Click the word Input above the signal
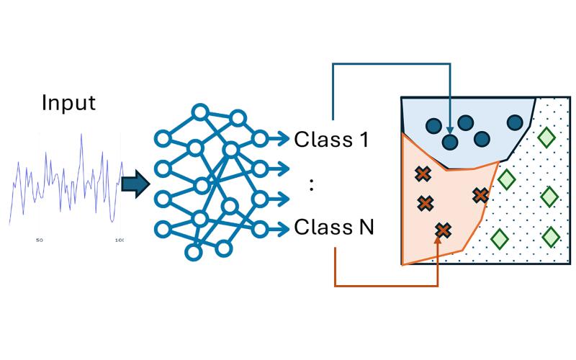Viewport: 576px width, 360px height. coord(68,102)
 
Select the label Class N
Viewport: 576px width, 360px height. coord(334,228)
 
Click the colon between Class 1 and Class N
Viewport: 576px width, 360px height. coord(311,184)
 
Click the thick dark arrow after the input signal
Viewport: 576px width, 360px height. coord(135,185)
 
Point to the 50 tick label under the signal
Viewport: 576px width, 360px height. coord(40,240)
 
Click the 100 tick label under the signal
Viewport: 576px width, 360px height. coord(119,240)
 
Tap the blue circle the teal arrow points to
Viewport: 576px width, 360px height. coord(450,142)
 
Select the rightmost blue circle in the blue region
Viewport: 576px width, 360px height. coord(515,122)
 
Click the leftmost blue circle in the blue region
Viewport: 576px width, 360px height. coord(433,126)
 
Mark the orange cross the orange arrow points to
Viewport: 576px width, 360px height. coord(444,230)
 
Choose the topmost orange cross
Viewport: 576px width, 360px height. coord(423,174)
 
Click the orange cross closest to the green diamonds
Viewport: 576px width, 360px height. coord(480,194)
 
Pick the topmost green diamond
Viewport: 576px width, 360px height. coord(545,135)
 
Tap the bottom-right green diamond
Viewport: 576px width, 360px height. coord(551,236)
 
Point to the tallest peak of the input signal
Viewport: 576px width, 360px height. coord(81,137)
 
